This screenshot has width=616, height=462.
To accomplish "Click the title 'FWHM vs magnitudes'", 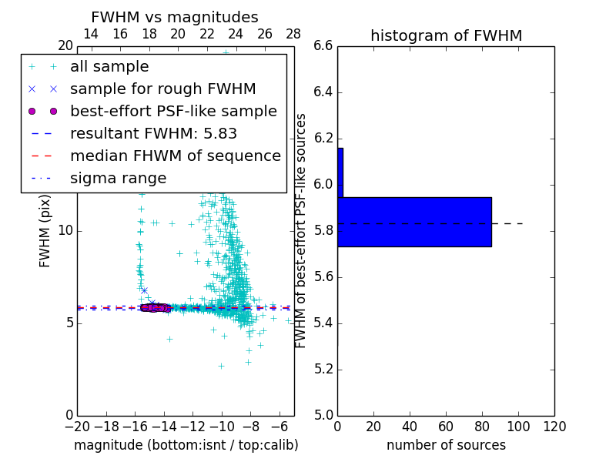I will (x=175, y=17).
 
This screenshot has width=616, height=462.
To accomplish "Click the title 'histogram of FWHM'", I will (x=446, y=35).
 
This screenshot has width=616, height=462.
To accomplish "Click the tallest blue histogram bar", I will (x=414, y=222).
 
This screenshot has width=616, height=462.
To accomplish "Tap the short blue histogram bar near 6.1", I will (x=340, y=172).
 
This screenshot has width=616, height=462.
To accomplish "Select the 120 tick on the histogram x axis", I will (x=554, y=427).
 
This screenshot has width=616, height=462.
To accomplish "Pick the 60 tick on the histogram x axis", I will (x=446, y=427).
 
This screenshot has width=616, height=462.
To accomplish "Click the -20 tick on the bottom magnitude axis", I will (x=77, y=427).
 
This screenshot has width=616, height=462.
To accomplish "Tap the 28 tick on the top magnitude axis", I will (x=293, y=34).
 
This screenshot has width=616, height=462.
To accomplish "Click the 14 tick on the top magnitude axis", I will (x=90, y=34).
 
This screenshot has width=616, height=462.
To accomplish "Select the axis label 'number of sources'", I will (x=446, y=445).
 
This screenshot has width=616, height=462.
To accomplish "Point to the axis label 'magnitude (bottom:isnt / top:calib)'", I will (x=186, y=445).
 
